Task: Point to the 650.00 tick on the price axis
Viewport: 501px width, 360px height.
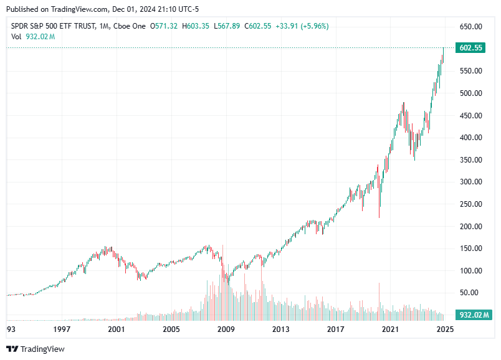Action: (x=470, y=27)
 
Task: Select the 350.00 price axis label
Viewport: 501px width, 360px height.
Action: (x=470, y=160)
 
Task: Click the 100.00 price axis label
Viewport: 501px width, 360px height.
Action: (x=470, y=271)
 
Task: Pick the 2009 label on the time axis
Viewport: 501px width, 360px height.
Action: (x=226, y=329)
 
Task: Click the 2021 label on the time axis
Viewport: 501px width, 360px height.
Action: (x=390, y=329)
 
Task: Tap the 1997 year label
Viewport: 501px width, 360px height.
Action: (x=61, y=329)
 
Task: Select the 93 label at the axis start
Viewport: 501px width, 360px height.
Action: (x=11, y=329)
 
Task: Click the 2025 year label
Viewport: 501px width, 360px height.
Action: (x=444, y=329)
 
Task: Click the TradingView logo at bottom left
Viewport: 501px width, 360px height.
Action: (x=36, y=349)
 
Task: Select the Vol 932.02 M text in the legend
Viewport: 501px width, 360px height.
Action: (x=33, y=37)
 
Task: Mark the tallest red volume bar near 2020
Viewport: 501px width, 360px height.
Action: (x=379, y=299)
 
